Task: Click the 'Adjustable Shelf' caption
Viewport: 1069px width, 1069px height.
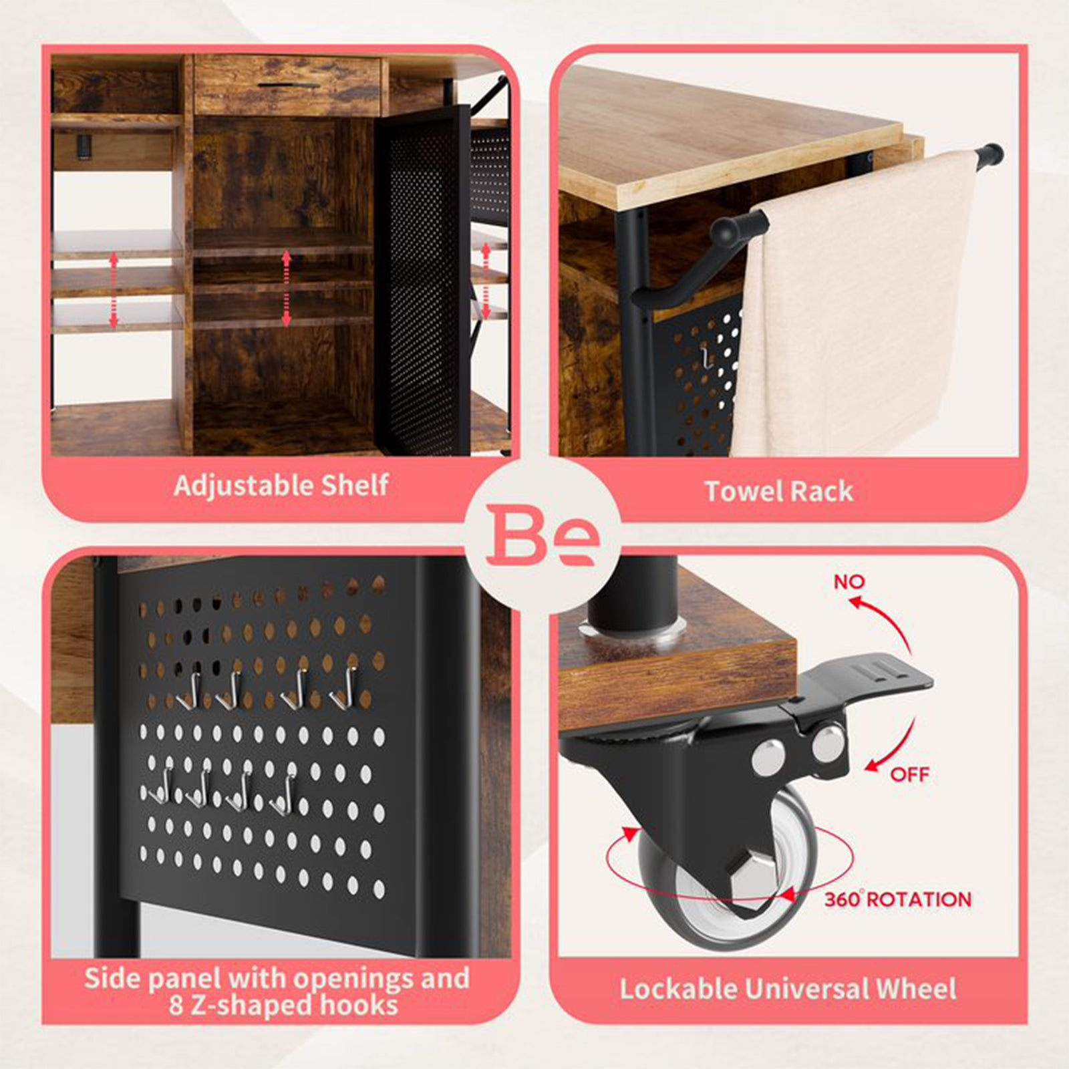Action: pyautogui.click(x=281, y=486)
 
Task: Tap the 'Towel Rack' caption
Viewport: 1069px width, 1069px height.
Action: pyautogui.click(x=779, y=492)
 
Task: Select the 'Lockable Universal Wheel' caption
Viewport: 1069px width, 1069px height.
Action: pyautogui.click(x=788, y=989)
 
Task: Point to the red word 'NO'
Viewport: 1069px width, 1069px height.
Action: pyautogui.click(x=849, y=582)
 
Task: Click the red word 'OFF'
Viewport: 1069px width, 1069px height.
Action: pyautogui.click(x=909, y=774)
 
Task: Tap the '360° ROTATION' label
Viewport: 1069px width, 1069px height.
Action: pyautogui.click(x=897, y=899)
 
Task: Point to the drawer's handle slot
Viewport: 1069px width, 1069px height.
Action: pyautogui.click(x=287, y=86)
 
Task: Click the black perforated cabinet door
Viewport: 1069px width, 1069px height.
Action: pyautogui.click(x=421, y=281)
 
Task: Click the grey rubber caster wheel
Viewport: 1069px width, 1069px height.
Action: pyautogui.click(x=726, y=869)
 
